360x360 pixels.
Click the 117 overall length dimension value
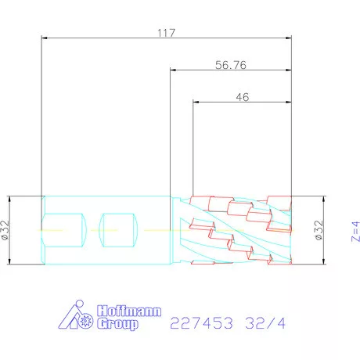tap(166, 33)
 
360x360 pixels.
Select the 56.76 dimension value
tap(231, 65)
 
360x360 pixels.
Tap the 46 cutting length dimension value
tap(243, 97)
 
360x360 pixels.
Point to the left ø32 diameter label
tap(5, 230)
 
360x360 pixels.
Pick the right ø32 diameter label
tap(319, 230)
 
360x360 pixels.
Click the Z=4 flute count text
tap(355, 232)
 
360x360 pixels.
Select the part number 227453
tap(201, 323)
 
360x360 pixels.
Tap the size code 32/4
tap(265, 323)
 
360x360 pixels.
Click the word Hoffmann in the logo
tap(129, 311)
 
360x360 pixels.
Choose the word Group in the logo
tap(117, 324)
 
